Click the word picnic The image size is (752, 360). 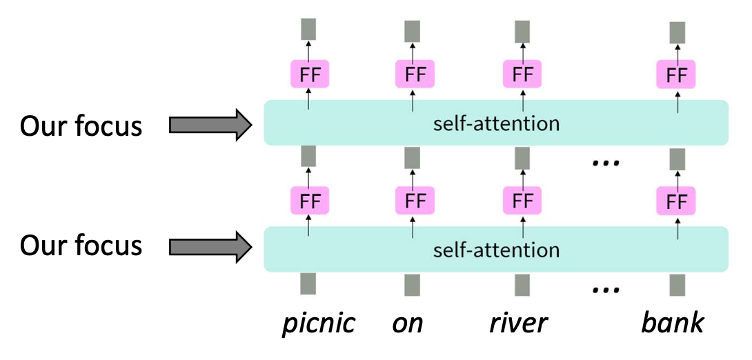(x=318, y=323)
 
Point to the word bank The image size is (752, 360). (x=673, y=323)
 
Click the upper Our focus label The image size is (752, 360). (x=81, y=126)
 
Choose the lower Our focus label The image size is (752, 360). (x=81, y=246)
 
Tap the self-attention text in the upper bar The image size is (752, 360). (x=496, y=124)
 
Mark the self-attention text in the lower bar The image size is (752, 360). (x=496, y=249)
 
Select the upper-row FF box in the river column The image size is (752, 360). (x=522, y=74)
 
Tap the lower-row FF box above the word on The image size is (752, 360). (x=415, y=201)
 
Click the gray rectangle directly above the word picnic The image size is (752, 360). (x=308, y=284)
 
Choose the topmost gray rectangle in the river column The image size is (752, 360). (x=522, y=32)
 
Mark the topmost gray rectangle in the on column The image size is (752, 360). (x=413, y=32)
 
